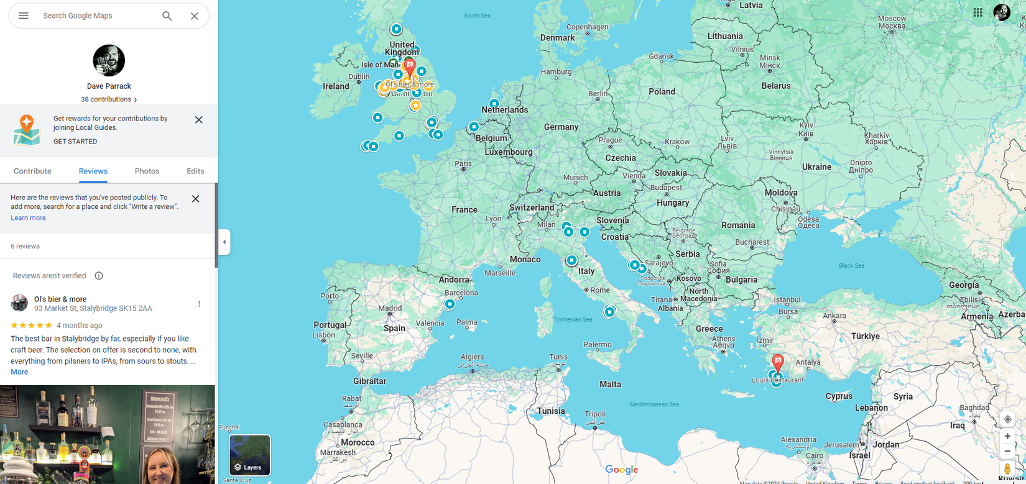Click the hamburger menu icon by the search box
[24, 16]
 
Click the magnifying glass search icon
[167, 16]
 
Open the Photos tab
[147, 171]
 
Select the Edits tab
[195, 171]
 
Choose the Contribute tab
[32, 171]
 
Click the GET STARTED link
[75, 142]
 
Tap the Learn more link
[28, 218]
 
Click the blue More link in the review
[19, 372]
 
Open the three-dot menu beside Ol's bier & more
[199, 304]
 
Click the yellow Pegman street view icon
[1007, 468]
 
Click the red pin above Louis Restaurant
[777, 362]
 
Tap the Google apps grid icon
[977, 12]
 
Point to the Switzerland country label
[531, 208]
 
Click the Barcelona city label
[461, 293]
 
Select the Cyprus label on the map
[839, 396]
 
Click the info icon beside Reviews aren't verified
[99, 276]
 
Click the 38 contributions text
[106, 99]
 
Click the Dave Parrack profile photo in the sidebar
[109, 60]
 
